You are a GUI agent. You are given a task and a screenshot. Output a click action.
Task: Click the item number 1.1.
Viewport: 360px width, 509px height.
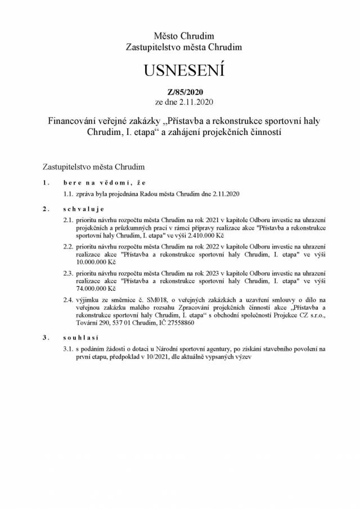pyautogui.click(x=68, y=194)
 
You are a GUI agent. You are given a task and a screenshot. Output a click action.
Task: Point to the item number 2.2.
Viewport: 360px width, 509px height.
pyautogui.click(x=68, y=246)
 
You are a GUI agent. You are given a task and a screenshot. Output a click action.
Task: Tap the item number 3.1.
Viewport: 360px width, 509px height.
pyautogui.click(x=68, y=349)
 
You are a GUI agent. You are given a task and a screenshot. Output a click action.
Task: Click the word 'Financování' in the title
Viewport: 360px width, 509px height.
pyautogui.click(x=74, y=120)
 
